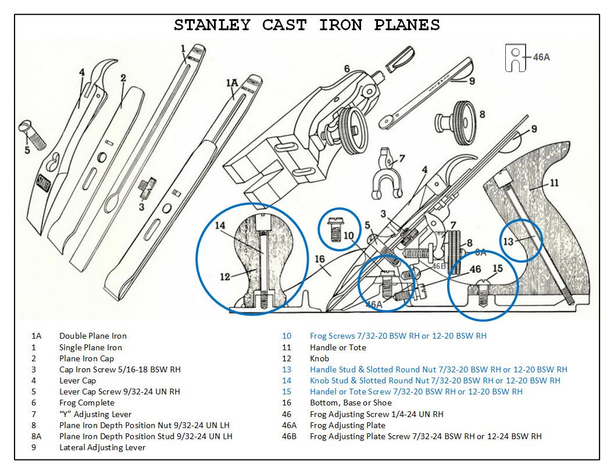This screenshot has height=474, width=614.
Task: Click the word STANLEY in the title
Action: (212, 26)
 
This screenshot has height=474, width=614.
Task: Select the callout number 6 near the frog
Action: (347, 69)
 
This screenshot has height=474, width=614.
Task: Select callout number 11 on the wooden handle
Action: (554, 182)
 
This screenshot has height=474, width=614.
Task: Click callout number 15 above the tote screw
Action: (497, 269)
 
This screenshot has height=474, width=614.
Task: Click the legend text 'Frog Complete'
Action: (87, 403)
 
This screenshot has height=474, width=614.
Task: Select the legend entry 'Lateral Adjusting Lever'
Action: (102, 448)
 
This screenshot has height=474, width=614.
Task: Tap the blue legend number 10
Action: (287, 336)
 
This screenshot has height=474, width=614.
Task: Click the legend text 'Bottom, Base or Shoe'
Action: (351, 403)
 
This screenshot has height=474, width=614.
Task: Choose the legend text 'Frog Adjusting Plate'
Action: (347, 425)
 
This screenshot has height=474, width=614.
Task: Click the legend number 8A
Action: (37, 437)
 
